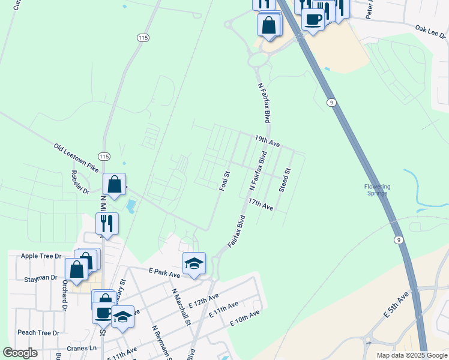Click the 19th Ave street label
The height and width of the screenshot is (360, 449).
coord(267,142)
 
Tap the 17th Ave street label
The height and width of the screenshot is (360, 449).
coord(261,205)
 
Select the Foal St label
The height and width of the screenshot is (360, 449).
coord(226,181)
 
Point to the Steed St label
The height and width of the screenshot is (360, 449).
coord(285,180)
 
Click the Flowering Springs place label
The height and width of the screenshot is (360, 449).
coord(378,190)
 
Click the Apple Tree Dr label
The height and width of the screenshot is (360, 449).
coord(41,256)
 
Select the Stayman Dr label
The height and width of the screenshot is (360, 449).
coord(37,278)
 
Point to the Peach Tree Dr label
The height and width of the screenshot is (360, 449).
coord(38,332)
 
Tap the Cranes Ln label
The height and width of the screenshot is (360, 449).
coord(82,348)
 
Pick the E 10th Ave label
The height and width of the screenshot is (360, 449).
coord(244,318)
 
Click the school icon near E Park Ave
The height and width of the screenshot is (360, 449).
coord(194,263)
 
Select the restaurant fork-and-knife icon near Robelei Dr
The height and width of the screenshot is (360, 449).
coord(107,223)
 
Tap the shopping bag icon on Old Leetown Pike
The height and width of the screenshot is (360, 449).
coord(114,185)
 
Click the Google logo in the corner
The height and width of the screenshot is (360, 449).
coord(21,353)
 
